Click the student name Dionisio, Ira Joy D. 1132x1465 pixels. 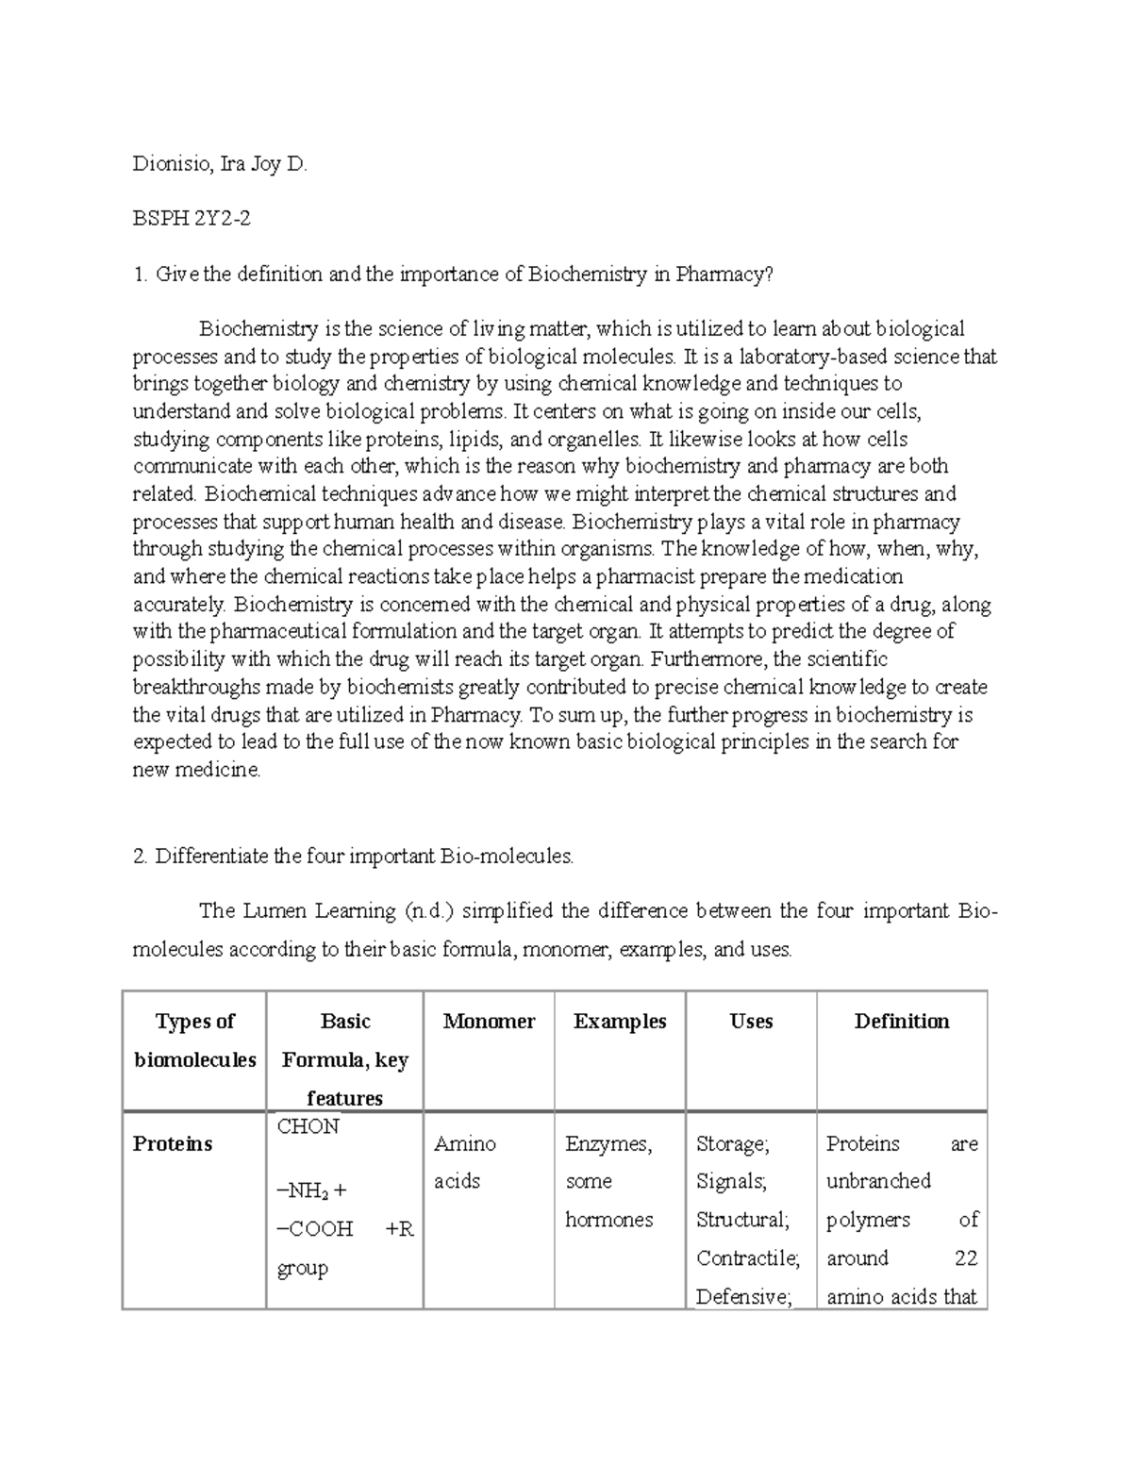coord(220,165)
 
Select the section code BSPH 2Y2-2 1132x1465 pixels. coord(191,220)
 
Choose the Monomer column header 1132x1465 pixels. coord(489,1022)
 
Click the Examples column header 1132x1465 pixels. coord(620,1022)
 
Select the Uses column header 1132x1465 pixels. coord(751,1022)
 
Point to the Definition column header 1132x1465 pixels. coord(902,1022)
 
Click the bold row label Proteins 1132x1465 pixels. coord(173,1144)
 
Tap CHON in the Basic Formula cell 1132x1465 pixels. coord(308,1126)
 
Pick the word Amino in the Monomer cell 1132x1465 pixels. coord(465,1144)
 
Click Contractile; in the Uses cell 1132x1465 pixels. coord(748,1258)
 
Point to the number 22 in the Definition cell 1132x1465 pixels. coord(965,1258)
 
